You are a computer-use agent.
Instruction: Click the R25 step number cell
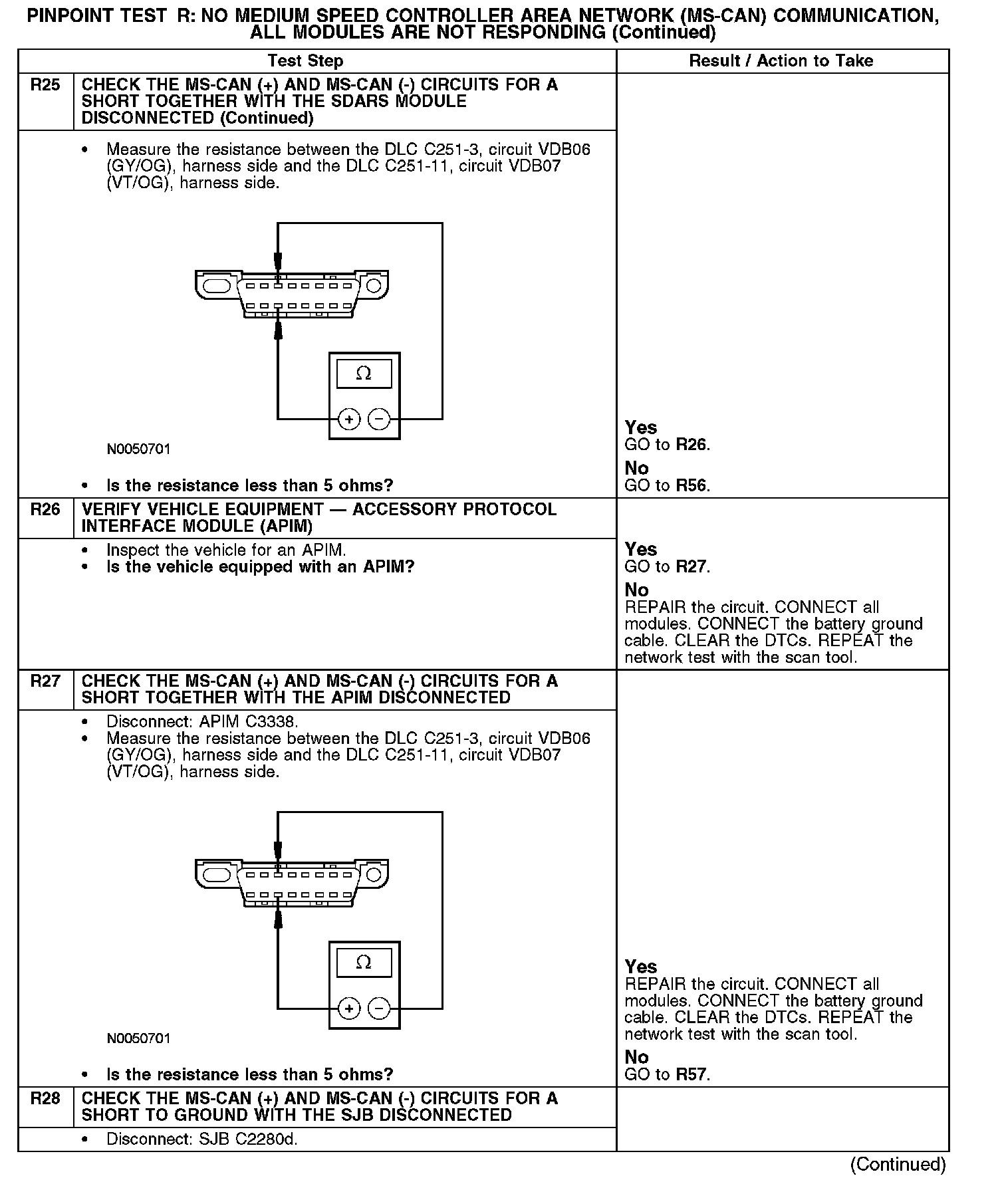tap(45, 85)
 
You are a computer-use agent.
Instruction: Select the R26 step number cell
tap(45, 510)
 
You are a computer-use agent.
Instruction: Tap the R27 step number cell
tap(45, 681)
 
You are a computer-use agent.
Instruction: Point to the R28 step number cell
tap(45, 1099)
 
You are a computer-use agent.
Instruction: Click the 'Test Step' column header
tap(305, 61)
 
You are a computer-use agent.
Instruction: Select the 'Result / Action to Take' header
tap(781, 61)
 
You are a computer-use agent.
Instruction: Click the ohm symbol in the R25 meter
tap(364, 374)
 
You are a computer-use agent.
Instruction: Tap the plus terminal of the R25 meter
tap(349, 419)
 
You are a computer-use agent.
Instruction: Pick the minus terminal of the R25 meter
tap(379, 419)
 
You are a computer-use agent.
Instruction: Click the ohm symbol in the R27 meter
tap(364, 963)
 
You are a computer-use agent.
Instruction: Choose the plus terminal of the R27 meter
tap(349, 1008)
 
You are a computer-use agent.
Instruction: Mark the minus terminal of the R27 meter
tap(379, 1008)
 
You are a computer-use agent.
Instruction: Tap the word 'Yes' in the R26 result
tap(641, 550)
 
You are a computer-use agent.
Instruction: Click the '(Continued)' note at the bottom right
tap(898, 1165)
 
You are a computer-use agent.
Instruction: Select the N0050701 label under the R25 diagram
tap(139, 449)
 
